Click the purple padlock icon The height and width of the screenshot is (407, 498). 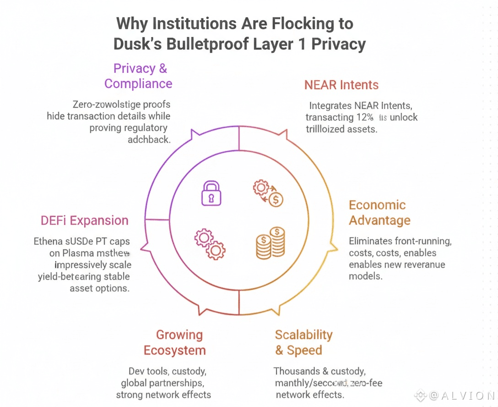211,193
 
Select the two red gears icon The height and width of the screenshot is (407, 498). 210,244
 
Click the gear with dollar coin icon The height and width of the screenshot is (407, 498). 269,194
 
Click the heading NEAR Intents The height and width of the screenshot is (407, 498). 341,85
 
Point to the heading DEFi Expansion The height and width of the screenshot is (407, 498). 84,220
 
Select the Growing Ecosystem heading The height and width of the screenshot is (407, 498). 174,342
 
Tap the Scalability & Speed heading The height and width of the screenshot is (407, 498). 303,342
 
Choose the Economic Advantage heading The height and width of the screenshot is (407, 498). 379,213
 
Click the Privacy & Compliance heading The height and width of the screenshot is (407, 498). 139,76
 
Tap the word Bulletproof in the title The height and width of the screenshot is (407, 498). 216,44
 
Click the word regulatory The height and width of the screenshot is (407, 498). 142,128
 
